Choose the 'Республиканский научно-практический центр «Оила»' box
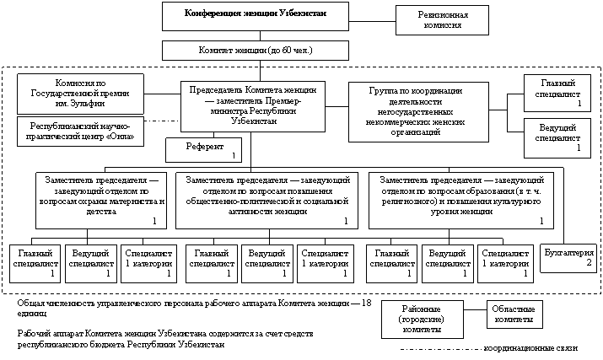81,131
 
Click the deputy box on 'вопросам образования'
460,198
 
